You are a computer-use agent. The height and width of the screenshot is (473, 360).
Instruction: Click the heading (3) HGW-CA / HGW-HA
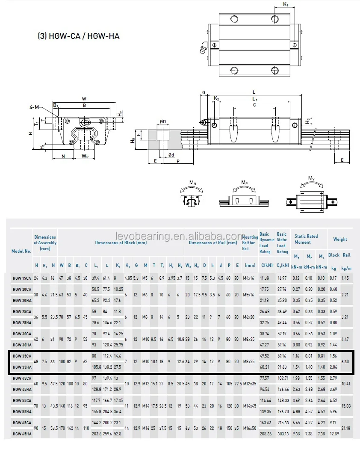[x=79, y=36]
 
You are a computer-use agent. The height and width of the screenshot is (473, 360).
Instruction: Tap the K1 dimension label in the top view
[x=286, y=5]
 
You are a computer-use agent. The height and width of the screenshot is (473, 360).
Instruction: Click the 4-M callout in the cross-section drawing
[x=34, y=107]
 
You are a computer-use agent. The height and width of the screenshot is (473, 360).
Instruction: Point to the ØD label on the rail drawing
[x=163, y=122]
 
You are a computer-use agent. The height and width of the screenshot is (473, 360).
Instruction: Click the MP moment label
[x=244, y=183]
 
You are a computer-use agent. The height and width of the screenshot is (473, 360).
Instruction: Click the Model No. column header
[x=21, y=251]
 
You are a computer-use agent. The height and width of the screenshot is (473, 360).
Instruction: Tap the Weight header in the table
[x=340, y=239]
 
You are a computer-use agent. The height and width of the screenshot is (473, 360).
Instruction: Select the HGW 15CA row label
[x=21, y=278]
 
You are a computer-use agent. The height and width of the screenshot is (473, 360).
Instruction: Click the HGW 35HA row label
[x=21, y=367]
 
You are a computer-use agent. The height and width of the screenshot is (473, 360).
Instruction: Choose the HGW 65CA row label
[x=21, y=423]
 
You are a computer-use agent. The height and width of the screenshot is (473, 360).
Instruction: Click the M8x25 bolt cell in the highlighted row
[x=249, y=361]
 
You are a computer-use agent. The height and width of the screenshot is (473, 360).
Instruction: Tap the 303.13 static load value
[x=283, y=434]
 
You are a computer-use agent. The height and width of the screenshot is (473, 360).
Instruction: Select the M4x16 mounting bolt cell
[x=249, y=278]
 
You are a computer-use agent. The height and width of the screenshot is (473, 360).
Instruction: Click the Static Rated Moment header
[x=306, y=239]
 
